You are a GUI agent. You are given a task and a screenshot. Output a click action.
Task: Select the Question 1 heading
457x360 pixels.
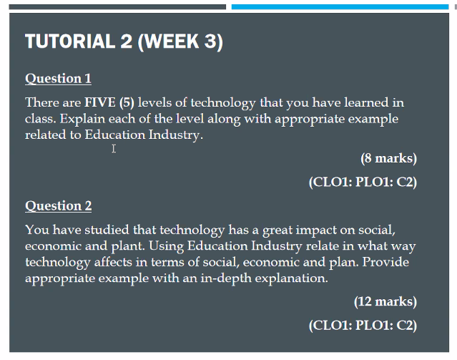tap(58, 79)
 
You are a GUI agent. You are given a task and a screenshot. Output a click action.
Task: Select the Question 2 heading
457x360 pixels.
tap(58, 206)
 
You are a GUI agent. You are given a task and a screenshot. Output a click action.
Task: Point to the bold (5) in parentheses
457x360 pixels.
tap(127, 103)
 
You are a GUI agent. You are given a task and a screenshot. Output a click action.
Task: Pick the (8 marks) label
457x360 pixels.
tap(388, 158)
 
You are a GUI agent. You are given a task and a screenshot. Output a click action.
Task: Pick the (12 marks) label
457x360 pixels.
tap(385, 301)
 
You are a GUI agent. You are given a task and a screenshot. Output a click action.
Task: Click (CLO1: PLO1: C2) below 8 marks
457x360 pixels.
tap(362, 182)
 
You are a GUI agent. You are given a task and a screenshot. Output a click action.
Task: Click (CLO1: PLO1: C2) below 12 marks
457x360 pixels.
tap(362, 326)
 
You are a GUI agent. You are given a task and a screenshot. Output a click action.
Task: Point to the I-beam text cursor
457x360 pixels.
tap(114, 149)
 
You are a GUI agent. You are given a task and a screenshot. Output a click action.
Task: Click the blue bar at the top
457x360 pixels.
tap(339, 6)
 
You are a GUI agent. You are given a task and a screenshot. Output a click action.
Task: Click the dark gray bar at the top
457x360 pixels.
tap(117, 6)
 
